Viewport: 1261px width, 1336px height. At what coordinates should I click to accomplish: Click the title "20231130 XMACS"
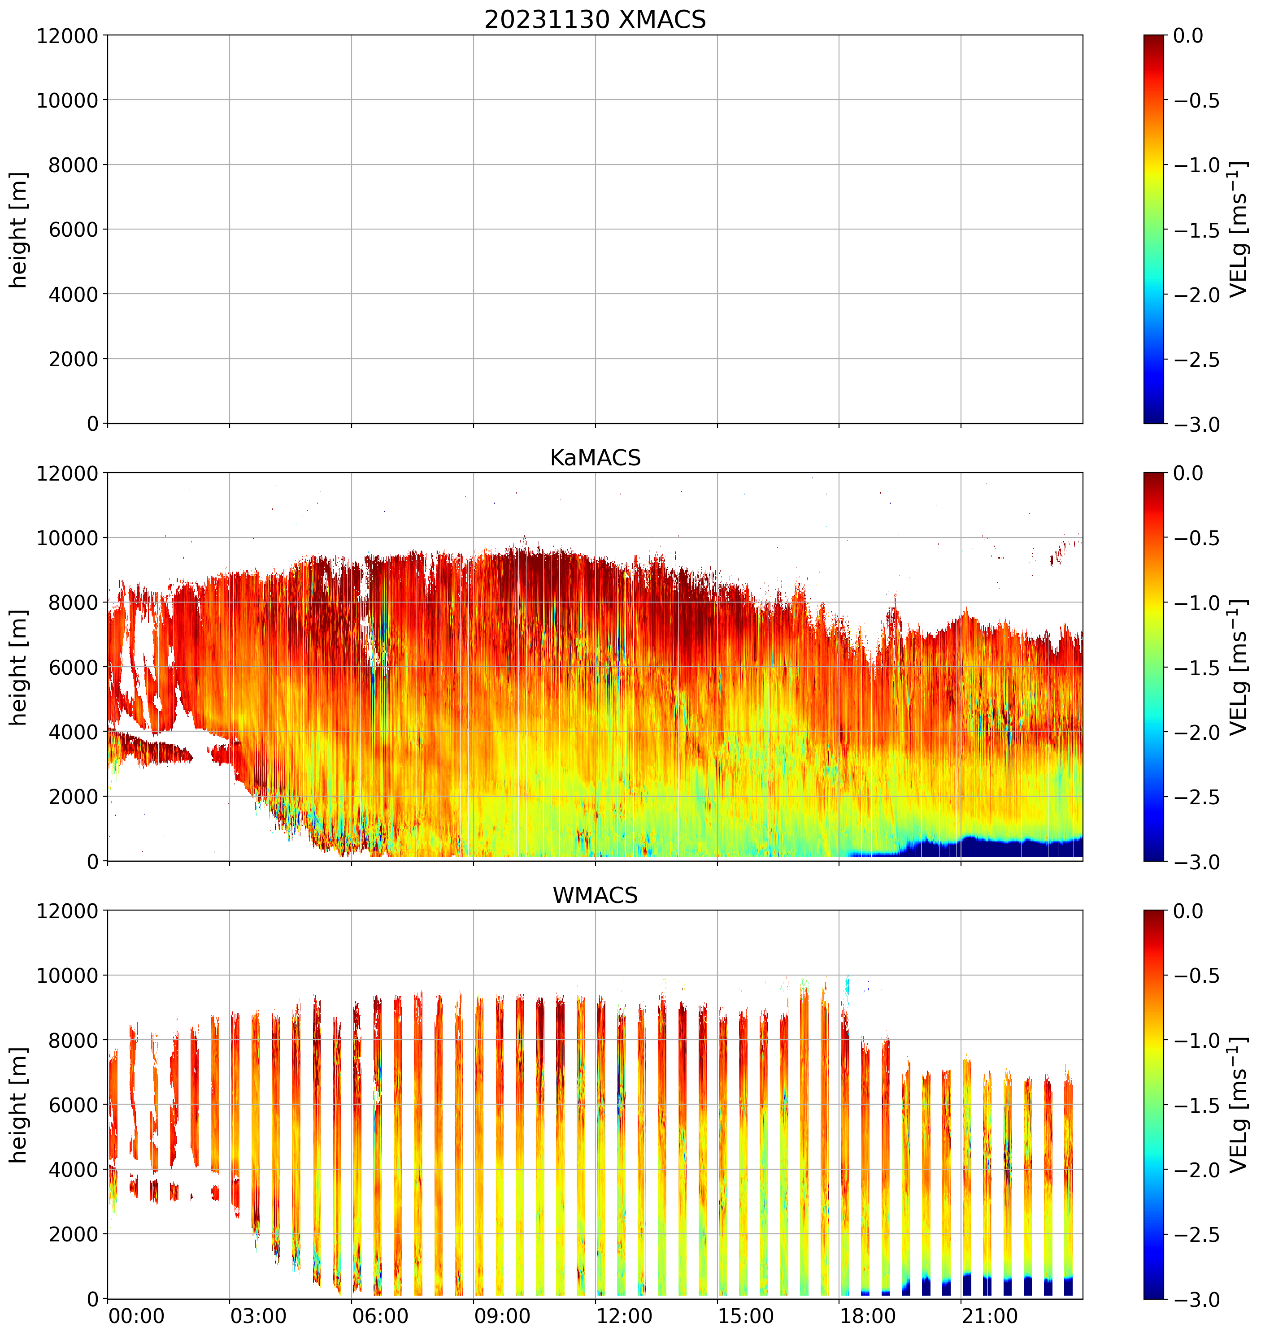(595, 19)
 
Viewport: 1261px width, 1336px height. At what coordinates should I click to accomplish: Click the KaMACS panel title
(595, 458)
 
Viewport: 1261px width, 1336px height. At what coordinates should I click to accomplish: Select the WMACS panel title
(595, 896)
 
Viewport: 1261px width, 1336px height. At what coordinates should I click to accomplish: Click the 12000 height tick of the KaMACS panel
(67, 473)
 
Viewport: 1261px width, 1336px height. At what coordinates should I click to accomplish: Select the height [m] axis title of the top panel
(19, 230)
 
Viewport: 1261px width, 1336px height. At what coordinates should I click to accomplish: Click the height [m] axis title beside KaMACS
(19, 668)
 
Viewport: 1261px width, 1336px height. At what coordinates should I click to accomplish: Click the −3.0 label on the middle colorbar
(1196, 862)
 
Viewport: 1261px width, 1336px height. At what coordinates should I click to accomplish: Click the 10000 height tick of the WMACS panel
(67, 976)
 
